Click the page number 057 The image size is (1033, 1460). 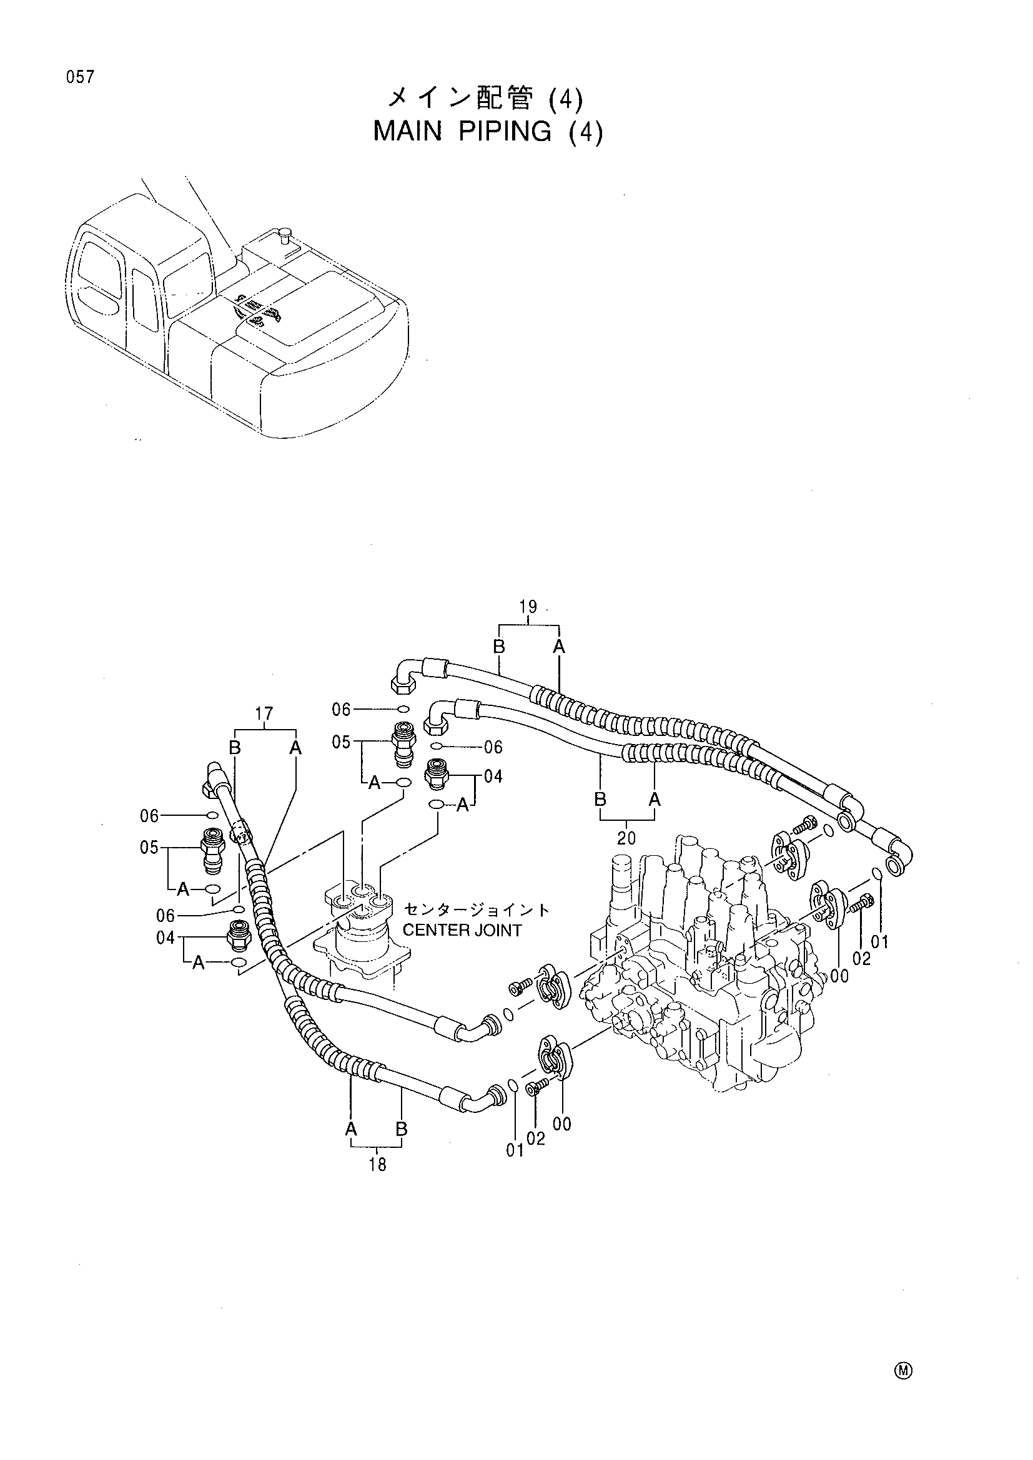79,77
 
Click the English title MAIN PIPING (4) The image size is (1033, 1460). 487,131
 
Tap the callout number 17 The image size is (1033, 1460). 264,713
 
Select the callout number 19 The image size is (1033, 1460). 528,607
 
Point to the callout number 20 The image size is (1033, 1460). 626,838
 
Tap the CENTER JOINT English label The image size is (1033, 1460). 462,930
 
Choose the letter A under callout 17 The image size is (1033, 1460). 295,748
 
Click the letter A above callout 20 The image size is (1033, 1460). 655,800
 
